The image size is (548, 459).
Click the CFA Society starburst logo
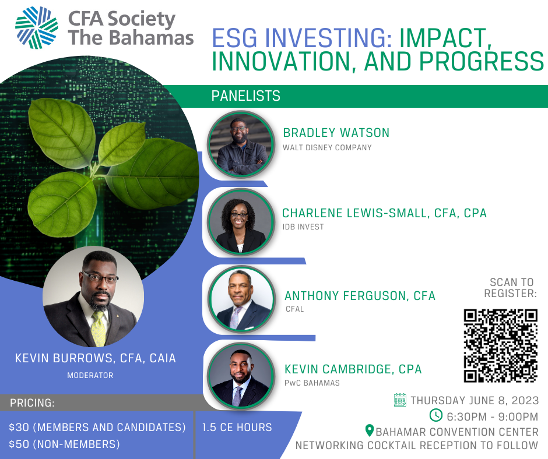point(36,27)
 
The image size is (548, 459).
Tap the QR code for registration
point(500,345)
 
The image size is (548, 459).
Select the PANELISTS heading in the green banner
point(245,96)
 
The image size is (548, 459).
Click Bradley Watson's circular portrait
point(241,144)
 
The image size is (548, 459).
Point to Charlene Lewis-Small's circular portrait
point(241,222)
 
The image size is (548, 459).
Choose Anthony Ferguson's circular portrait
point(241,299)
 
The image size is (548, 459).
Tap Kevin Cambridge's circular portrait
point(241,376)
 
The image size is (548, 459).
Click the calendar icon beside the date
point(400,400)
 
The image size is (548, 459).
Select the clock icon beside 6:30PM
point(436,415)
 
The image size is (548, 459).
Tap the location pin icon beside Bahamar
point(370,430)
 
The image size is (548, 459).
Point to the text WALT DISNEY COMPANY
point(327,148)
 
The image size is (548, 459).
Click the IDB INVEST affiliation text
point(303,227)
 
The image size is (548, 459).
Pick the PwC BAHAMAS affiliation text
point(312,383)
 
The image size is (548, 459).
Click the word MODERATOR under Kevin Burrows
point(90,376)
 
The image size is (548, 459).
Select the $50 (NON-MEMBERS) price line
point(64,444)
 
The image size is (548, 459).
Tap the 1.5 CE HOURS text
point(237,427)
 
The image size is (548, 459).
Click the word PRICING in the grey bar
point(32,402)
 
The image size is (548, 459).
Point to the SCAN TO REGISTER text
point(511,288)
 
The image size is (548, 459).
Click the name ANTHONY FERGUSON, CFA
point(360,296)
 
